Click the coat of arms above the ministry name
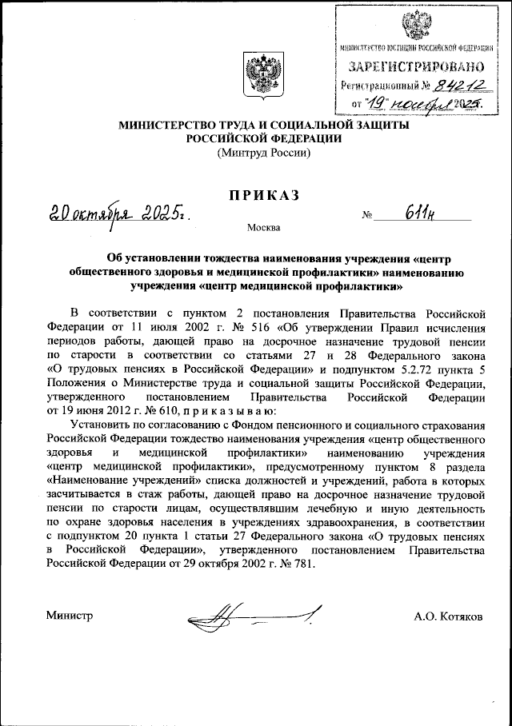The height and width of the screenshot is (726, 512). (264, 78)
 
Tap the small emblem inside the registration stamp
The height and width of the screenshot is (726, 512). (414, 26)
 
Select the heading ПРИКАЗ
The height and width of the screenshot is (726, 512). (265, 197)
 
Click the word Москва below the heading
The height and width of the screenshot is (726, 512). (264, 228)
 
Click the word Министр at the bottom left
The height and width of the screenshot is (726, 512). (70, 616)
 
